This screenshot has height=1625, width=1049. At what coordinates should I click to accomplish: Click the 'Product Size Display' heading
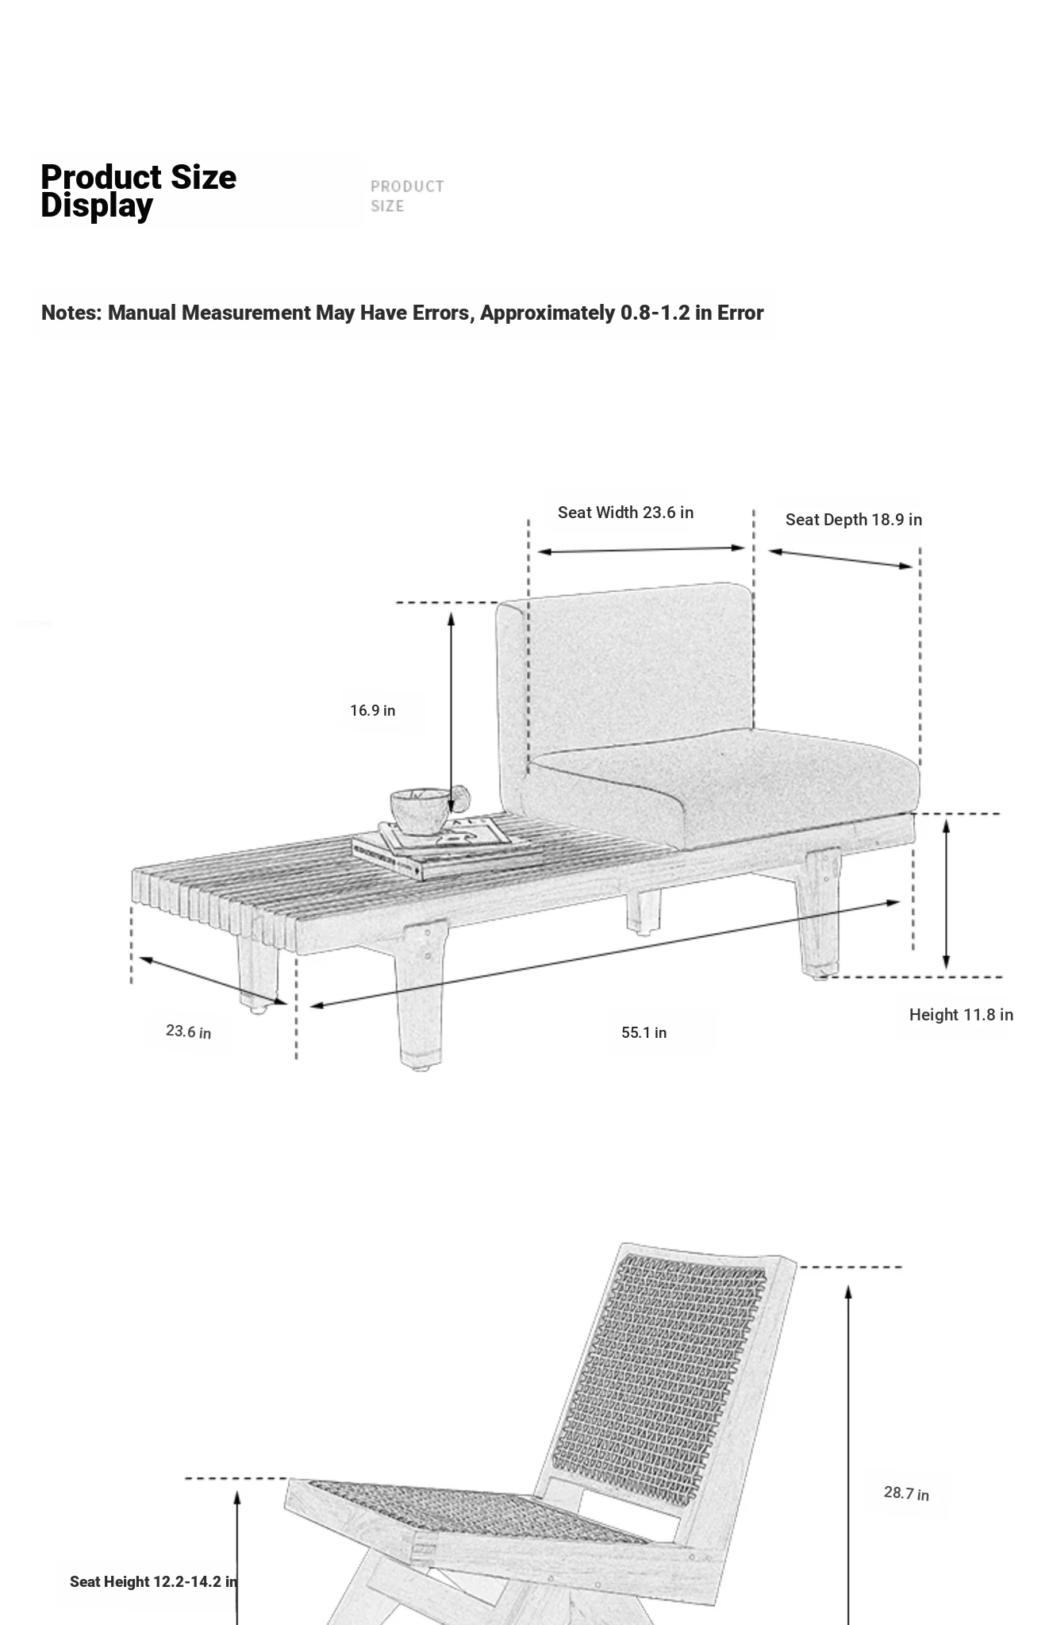(138, 191)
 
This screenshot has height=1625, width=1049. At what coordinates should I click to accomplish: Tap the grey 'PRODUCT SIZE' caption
(407, 196)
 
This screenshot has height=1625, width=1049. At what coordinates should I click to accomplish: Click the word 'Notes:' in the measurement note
(71, 313)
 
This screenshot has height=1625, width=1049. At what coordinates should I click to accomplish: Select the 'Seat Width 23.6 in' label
(625, 513)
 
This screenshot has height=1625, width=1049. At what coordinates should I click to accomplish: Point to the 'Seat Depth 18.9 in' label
(854, 520)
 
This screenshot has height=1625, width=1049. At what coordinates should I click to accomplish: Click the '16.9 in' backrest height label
(373, 710)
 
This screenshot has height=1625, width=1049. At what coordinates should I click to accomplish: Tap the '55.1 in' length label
(644, 1032)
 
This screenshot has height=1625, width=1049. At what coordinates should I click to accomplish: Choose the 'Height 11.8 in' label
(961, 1015)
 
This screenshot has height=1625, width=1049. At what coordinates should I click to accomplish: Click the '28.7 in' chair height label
(906, 1493)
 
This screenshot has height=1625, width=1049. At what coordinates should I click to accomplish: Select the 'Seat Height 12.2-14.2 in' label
(153, 1581)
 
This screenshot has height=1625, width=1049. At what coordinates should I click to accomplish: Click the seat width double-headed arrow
(641, 549)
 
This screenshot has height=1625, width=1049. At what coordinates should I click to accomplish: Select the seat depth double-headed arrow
(840, 559)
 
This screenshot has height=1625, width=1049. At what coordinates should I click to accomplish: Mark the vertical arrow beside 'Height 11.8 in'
(946, 894)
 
